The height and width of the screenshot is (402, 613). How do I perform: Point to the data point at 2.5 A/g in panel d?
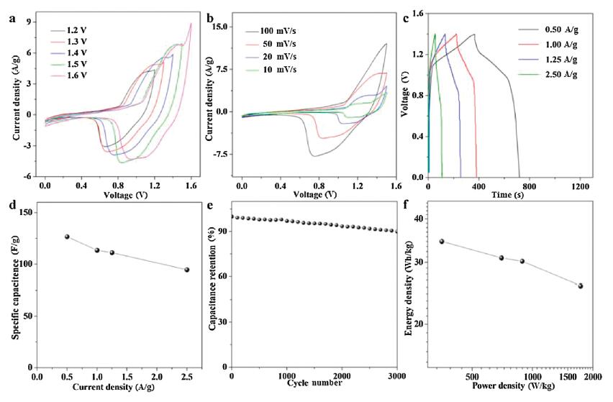click(187, 270)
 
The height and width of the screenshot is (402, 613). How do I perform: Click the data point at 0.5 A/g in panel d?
click(67, 237)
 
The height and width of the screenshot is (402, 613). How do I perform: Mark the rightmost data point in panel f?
click(580, 286)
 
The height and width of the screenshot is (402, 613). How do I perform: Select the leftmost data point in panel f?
click(442, 242)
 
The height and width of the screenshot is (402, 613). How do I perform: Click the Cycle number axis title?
click(313, 383)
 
